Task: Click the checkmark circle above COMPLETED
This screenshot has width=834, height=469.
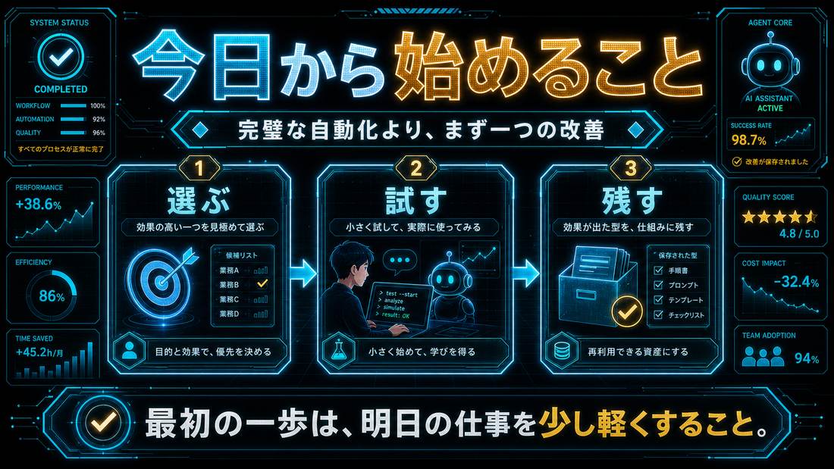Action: pyautogui.click(x=61, y=57)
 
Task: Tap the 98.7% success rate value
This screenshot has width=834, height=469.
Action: pyautogui.click(x=748, y=140)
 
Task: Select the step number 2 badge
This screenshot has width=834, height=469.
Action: pyautogui.click(x=416, y=168)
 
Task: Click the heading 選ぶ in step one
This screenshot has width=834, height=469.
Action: pyautogui.click(x=199, y=201)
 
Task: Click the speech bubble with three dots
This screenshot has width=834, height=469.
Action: pyautogui.click(x=400, y=261)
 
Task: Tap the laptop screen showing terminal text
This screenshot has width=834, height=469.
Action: pyautogui.click(x=399, y=305)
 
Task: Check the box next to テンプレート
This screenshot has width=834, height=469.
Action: pyautogui.click(x=658, y=300)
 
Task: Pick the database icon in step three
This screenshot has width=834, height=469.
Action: pyautogui.click(x=562, y=350)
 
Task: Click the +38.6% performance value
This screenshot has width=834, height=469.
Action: pyautogui.click(x=39, y=204)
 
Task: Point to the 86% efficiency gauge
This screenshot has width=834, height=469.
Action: pyautogui.click(x=52, y=295)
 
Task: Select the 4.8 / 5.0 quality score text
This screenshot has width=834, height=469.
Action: pyautogui.click(x=799, y=233)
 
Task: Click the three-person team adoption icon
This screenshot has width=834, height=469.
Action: pyautogui.click(x=763, y=356)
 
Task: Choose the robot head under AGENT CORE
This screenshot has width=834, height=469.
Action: pyautogui.click(x=770, y=63)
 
